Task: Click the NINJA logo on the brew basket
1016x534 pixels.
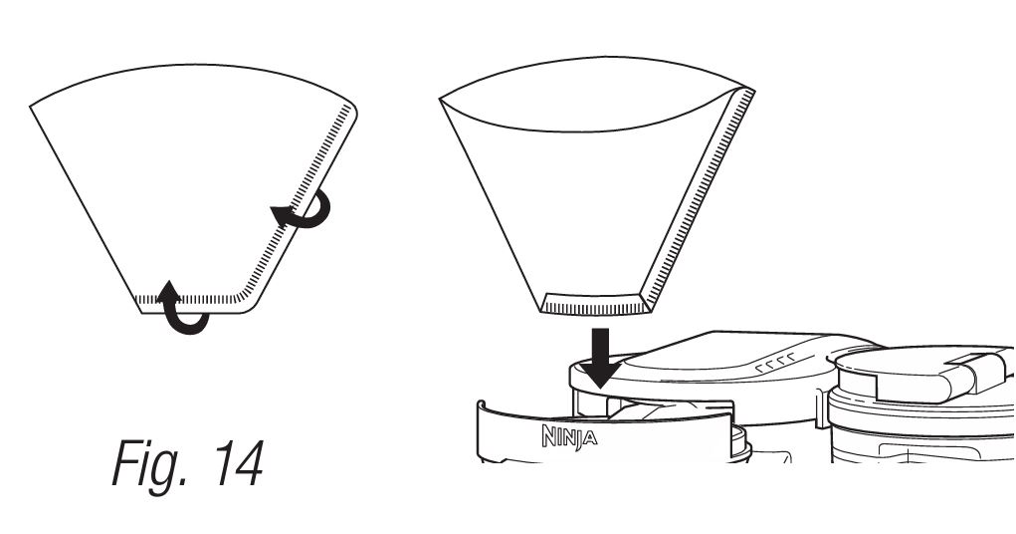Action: point(569,436)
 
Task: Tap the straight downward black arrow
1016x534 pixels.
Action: point(601,358)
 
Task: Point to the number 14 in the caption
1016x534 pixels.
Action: point(239,463)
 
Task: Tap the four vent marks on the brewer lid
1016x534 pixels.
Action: point(775,363)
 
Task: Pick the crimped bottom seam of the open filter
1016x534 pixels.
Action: point(595,304)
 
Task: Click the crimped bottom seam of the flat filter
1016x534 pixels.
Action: point(188,300)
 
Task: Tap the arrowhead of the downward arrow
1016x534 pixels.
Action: point(601,375)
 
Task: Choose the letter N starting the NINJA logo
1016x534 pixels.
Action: point(548,435)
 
